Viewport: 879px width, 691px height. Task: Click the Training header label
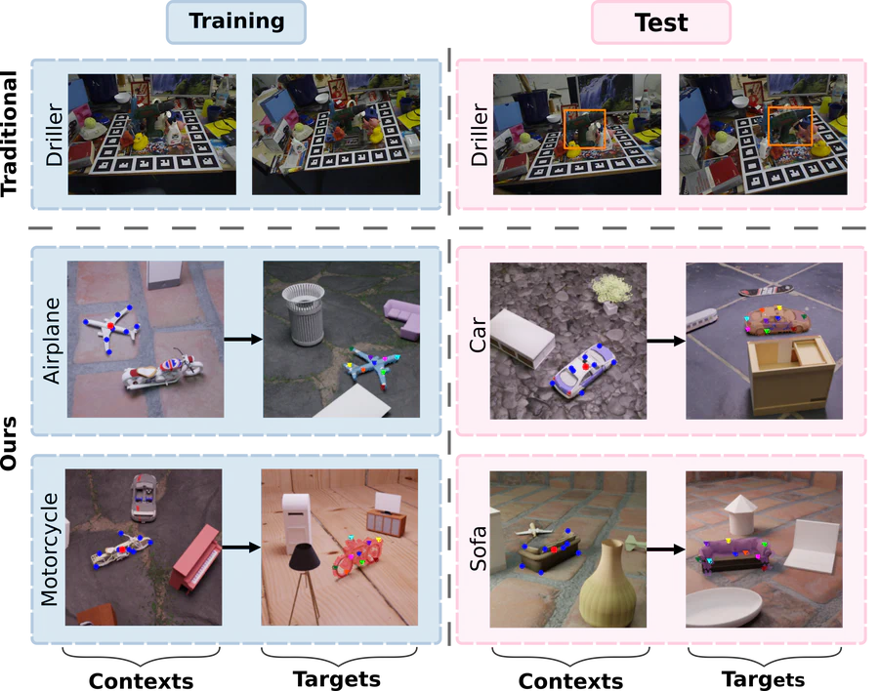[236, 22]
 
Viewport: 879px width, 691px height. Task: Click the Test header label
[660, 23]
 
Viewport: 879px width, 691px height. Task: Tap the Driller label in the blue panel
[53, 134]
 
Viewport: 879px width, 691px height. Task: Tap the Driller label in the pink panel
[479, 134]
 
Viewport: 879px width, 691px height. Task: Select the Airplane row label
[52, 340]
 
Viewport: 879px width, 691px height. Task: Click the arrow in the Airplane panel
[243, 340]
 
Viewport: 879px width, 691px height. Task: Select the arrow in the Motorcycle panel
[241, 548]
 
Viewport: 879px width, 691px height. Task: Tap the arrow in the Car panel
[667, 341]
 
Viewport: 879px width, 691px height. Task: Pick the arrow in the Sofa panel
[667, 549]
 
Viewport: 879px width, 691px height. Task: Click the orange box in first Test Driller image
[584, 129]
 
